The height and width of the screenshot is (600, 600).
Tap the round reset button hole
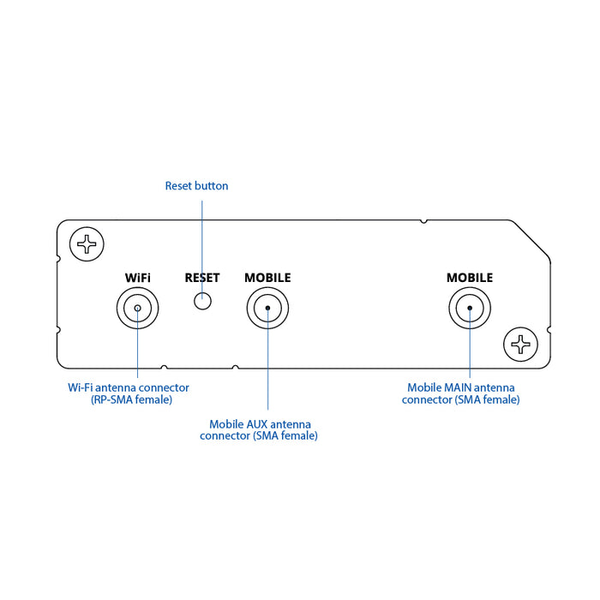[x=202, y=301]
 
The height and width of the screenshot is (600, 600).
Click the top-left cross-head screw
[x=87, y=244]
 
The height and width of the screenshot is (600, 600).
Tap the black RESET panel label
[x=202, y=278]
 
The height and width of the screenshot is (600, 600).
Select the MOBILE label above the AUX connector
[x=267, y=278]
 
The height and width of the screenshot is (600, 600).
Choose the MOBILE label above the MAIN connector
[x=470, y=278]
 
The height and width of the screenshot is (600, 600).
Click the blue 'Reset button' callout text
[x=196, y=186]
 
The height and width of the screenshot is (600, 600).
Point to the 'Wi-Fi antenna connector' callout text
[x=129, y=387]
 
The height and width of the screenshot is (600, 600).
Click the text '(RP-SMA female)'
[x=131, y=399]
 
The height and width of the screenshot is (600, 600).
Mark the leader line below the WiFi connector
[x=137, y=351]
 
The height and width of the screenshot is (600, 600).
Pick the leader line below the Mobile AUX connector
[x=267, y=369]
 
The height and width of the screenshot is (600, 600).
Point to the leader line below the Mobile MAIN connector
[x=470, y=351]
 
